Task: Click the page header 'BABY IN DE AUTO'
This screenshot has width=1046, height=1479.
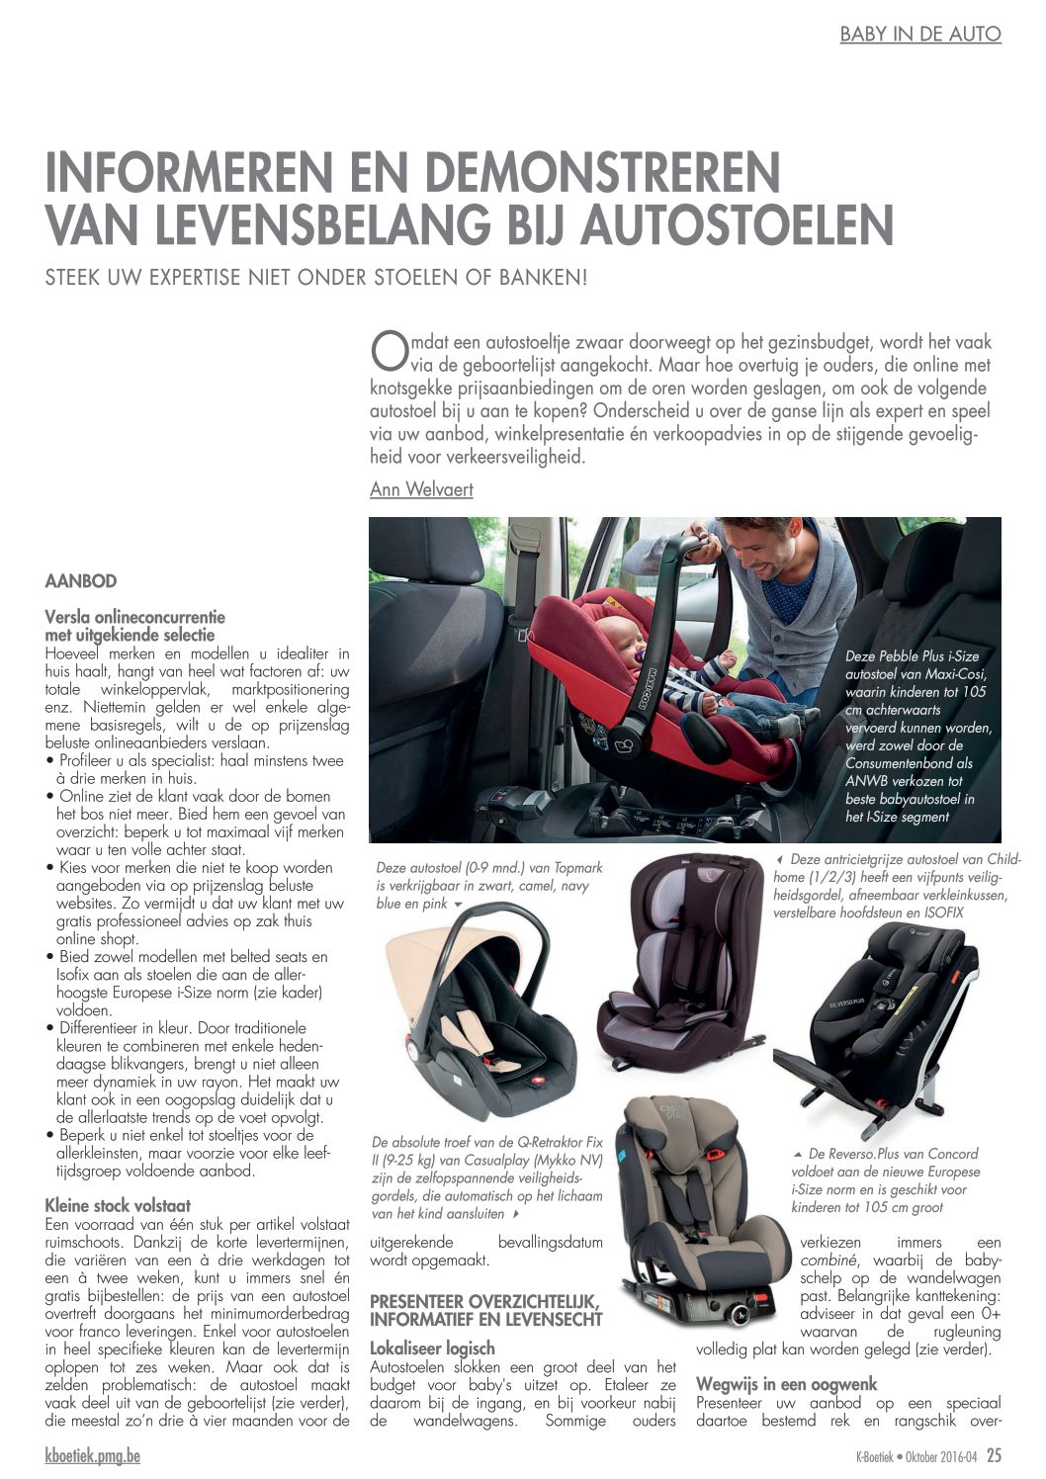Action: pos(919,34)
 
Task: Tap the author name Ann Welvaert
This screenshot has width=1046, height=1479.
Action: pos(421,489)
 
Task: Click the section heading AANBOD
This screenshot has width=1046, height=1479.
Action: pos(81,581)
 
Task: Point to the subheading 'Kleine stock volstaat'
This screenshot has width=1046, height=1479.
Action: pos(118,1205)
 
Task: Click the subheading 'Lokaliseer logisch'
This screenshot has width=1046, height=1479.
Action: pos(432,1348)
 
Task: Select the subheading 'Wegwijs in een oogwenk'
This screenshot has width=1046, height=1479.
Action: pos(786,1383)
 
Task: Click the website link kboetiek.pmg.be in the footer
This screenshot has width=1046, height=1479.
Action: pos(93,1455)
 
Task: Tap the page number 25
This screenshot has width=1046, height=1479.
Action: pos(994,1455)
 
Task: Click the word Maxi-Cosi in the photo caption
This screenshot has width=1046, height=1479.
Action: pos(951,674)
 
